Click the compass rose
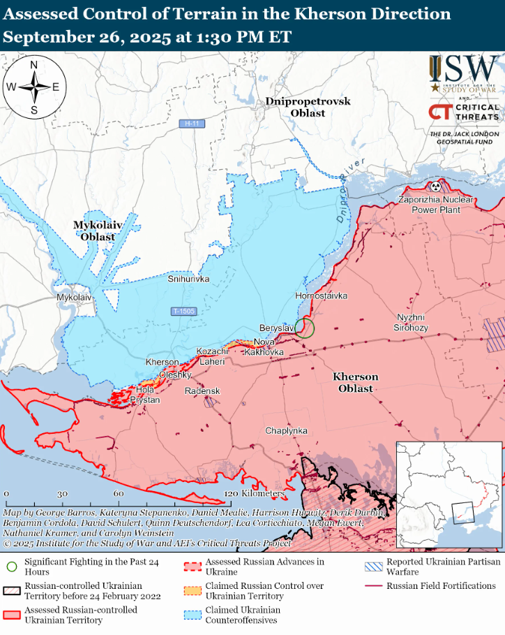click(34, 87)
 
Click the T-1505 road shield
click(184, 311)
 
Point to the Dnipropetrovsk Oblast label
click(308, 107)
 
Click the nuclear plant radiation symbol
click(436, 187)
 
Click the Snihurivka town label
click(188, 279)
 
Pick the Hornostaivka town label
click(322, 296)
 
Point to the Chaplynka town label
click(286, 431)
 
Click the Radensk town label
click(202, 391)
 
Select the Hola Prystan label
click(146, 395)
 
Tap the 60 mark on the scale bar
click(119, 494)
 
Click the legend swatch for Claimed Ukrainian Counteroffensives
click(193, 615)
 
